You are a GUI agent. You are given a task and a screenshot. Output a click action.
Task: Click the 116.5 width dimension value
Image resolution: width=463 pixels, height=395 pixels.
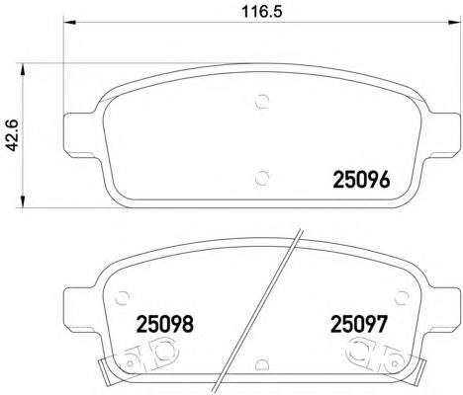click(262, 11)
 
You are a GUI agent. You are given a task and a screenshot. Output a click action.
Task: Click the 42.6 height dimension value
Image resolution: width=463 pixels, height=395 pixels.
click(13, 135)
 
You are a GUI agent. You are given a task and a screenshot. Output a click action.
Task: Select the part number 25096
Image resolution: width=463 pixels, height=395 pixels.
click(362, 180)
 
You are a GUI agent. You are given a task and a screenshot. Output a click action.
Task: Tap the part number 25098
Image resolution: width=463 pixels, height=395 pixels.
click(164, 324)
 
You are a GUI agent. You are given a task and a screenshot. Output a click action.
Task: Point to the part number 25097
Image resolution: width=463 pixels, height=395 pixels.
click(358, 324)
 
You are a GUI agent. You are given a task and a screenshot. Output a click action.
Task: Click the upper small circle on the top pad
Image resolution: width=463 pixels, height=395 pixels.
click(262, 101)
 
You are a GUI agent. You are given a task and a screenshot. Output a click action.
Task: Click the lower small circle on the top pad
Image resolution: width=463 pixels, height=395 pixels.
click(262, 178)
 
